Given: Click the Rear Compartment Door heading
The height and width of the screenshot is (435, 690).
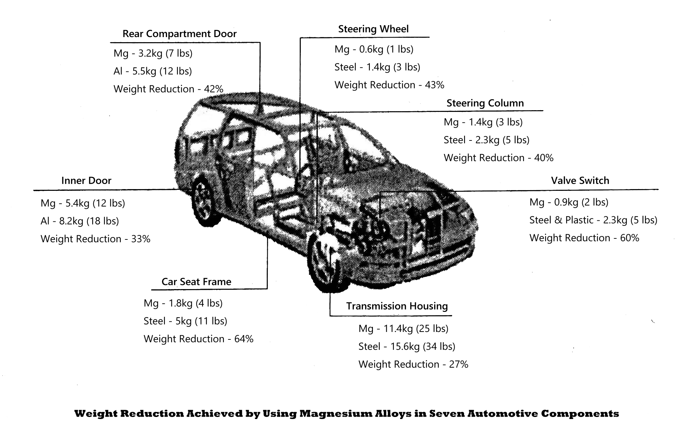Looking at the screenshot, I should (x=179, y=34).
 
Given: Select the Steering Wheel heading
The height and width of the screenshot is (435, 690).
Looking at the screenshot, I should (x=373, y=29).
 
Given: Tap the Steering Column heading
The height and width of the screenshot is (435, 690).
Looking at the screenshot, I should (x=485, y=103).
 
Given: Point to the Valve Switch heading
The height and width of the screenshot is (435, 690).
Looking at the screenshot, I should (x=580, y=180).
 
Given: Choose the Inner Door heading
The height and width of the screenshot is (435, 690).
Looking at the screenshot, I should (x=86, y=180).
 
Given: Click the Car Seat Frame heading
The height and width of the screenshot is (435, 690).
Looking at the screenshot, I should (x=196, y=282).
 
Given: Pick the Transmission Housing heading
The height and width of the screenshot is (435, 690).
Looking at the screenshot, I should (x=397, y=306).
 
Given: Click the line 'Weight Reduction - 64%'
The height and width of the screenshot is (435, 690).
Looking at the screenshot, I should (x=198, y=339).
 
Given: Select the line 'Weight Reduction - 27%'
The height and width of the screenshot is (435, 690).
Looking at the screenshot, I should (x=413, y=364).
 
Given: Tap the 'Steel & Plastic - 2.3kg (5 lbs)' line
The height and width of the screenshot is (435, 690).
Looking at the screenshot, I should (x=593, y=220).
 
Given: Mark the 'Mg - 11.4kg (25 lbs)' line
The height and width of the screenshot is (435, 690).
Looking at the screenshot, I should (x=403, y=329).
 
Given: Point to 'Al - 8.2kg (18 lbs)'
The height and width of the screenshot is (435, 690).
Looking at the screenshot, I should (x=80, y=221).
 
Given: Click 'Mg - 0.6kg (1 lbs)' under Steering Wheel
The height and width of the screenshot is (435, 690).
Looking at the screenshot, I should (x=374, y=49).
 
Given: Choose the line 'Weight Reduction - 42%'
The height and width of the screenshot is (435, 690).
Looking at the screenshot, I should (x=168, y=89).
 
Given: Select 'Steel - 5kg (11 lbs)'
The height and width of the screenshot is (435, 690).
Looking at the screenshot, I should (x=185, y=321).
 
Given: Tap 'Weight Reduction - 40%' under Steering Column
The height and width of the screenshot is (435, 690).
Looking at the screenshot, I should (x=498, y=158).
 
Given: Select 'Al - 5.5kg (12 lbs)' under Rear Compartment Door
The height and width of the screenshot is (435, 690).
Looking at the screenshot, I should (x=152, y=71).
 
